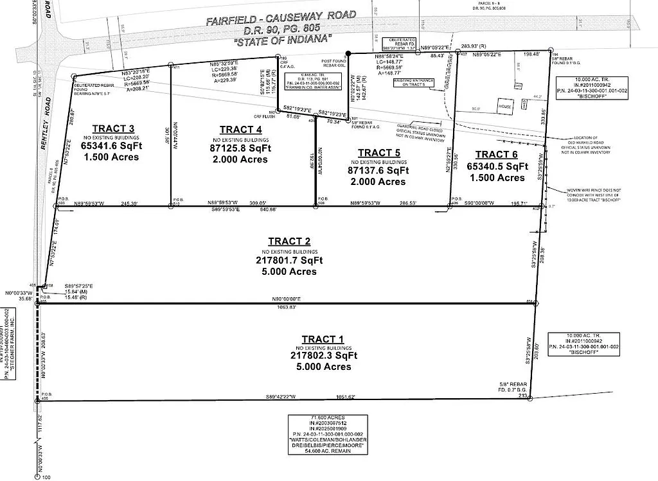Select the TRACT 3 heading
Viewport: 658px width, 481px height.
113,128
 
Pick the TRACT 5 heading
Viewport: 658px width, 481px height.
380,152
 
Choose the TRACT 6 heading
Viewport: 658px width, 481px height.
496,154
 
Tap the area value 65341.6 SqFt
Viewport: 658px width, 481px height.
111,146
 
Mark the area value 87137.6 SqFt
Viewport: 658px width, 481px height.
378,170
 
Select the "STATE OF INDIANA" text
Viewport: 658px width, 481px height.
283,41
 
